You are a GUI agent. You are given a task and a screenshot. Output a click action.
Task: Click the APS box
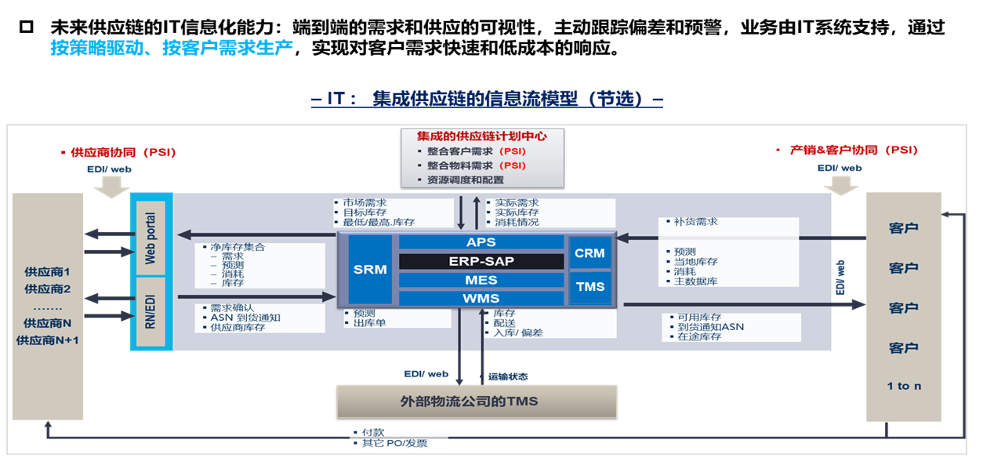click(481, 242)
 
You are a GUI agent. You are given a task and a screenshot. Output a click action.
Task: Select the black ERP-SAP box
click(481, 261)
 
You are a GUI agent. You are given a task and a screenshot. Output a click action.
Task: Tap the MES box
click(481, 280)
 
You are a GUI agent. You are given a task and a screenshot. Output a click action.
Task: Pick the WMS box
click(481, 298)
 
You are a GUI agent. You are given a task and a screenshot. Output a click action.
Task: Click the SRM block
click(370, 269)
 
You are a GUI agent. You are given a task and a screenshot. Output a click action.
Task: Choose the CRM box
click(589, 252)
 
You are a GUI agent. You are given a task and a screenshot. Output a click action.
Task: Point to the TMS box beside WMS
click(590, 286)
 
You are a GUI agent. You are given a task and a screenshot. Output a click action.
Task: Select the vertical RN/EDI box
click(151, 311)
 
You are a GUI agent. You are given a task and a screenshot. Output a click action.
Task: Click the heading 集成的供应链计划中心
click(482, 136)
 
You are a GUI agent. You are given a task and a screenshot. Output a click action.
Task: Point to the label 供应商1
click(47, 272)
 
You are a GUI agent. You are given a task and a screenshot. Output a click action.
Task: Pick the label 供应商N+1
click(47, 340)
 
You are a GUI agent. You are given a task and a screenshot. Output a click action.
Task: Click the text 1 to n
click(904, 386)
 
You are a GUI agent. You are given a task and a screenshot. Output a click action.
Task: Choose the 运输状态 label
click(507, 376)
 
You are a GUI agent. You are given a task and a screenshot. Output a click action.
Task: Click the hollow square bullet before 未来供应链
click(27, 28)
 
